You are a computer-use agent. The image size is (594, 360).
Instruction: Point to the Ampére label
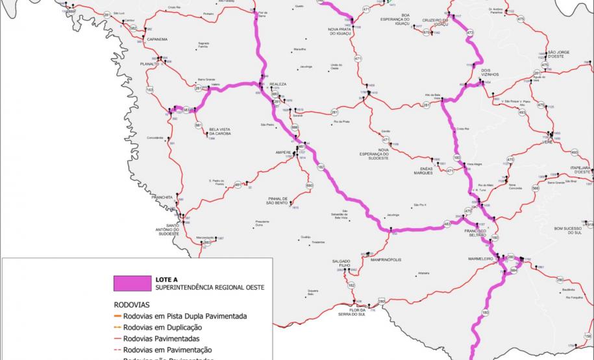[284, 153]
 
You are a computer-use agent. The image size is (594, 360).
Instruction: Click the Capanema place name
[157, 39]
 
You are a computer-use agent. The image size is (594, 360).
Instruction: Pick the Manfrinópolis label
[386, 259]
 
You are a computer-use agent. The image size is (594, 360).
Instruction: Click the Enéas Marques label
[422, 171]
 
